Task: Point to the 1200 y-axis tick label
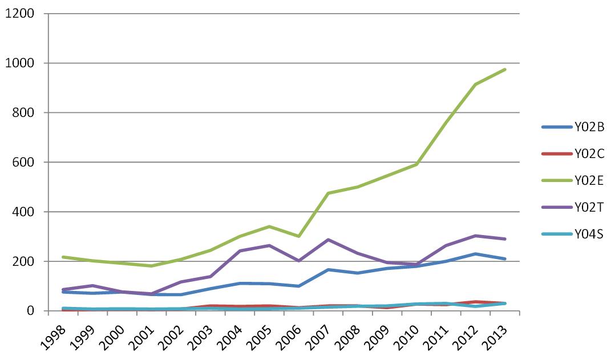click(21, 13)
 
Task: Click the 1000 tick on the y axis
click(21, 63)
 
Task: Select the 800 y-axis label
click(25, 112)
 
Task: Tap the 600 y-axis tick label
click(25, 162)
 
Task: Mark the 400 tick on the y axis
click(25, 212)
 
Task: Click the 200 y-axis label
click(25, 261)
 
